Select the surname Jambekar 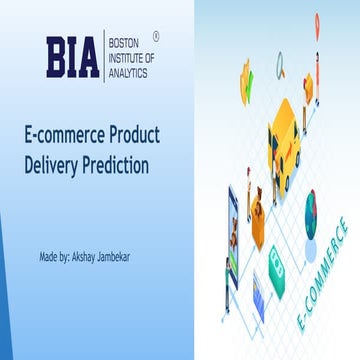[126, 257]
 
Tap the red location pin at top [317, 21]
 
